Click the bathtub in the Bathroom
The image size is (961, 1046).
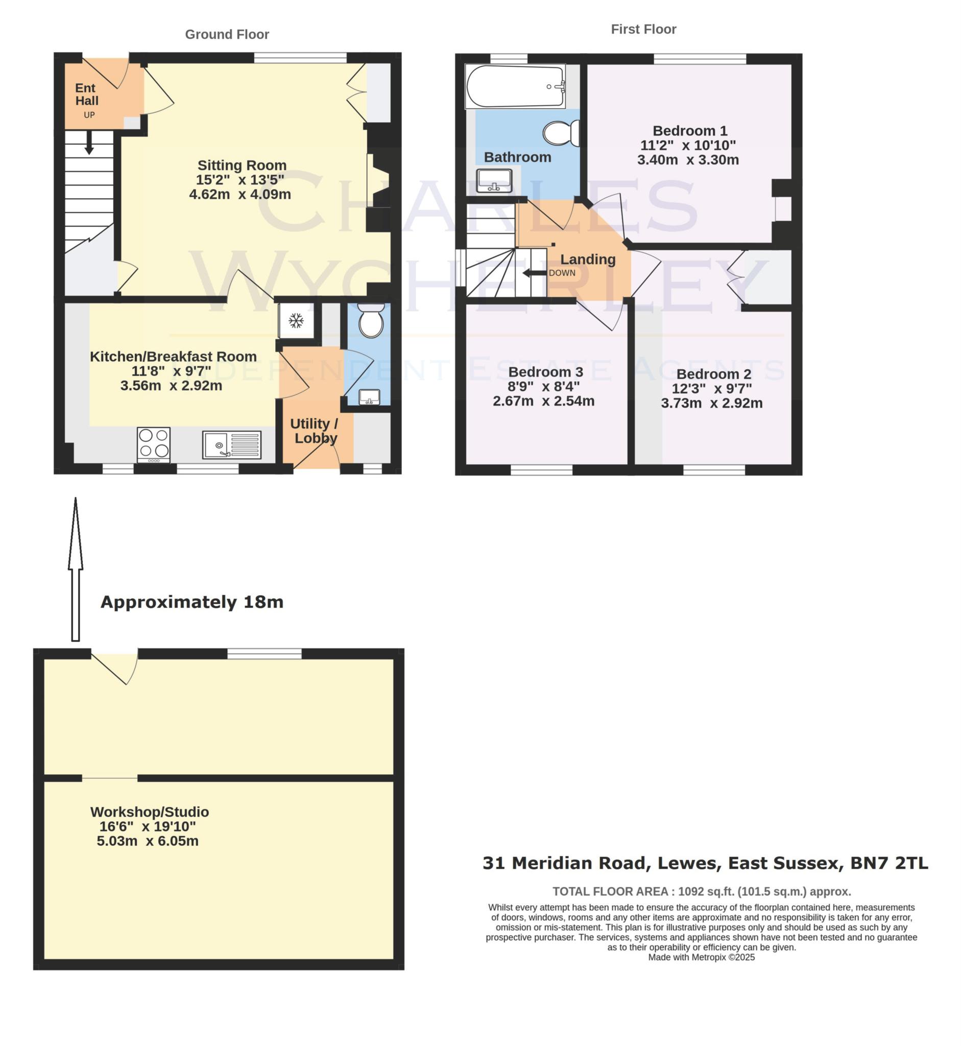click(x=515, y=86)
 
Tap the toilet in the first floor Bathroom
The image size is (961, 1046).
click(x=561, y=133)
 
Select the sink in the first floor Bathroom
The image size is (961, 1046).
click(x=494, y=180)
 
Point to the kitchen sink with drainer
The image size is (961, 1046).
click(x=232, y=445)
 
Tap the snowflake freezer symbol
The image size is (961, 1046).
click(x=296, y=320)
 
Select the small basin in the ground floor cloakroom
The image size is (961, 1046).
click(x=369, y=397)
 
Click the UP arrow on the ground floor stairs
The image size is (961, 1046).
click(x=89, y=142)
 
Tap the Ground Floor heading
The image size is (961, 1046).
click(x=227, y=34)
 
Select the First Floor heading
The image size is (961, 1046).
click(x=643, y=29)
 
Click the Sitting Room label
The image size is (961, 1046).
click(x=242, y=165)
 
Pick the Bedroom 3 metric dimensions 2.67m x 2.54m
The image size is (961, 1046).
click(x=543, y=401)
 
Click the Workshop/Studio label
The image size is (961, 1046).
click(x=149, y=812)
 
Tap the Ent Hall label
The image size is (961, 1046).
click(x=86, y=94)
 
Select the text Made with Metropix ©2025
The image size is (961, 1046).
click(x=701, y=957)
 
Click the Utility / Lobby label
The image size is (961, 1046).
click(x=315, y=431)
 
